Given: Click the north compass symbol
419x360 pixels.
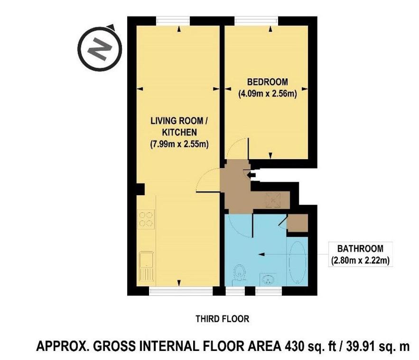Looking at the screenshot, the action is point(99,48).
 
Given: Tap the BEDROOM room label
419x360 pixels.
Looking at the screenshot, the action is point(268,82).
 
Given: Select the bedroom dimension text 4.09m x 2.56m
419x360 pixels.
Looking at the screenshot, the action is point(268,94).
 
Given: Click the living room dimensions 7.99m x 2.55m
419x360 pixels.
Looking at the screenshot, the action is point(179,144).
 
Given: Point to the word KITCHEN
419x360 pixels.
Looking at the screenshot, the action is point(179,132).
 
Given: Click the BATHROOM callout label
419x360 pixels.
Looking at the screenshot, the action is point(360,248).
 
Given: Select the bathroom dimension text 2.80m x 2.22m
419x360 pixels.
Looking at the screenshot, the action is point(360,260).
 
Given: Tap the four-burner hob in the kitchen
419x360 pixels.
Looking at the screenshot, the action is point(146,219).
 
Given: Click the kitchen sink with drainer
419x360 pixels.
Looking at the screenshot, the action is point(146,266).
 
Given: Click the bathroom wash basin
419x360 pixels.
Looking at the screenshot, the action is point(268,280).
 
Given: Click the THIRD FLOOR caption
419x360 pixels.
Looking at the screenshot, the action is point(223,319).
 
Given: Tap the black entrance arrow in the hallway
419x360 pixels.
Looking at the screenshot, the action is point(251,175).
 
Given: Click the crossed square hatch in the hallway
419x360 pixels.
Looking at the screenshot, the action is point(273,200).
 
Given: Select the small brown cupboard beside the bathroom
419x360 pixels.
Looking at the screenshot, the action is point(298,223).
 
